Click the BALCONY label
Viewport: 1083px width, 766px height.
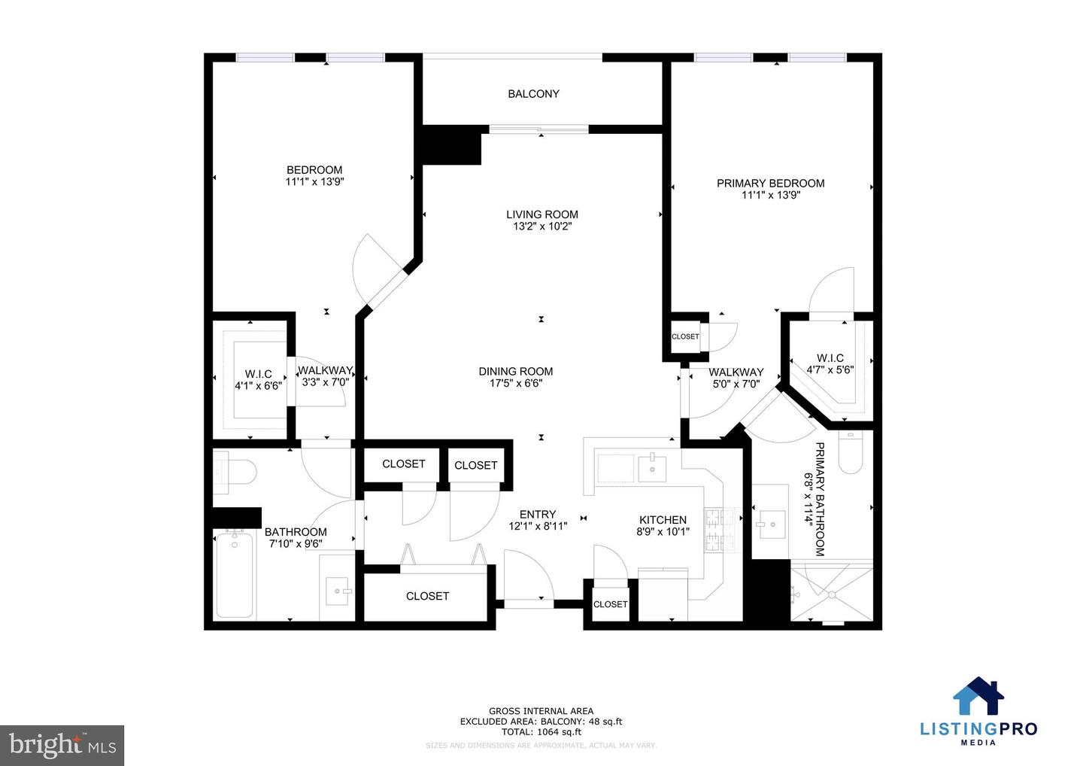[x=533, y=94]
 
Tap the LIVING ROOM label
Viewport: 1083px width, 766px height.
[x=541, y=214]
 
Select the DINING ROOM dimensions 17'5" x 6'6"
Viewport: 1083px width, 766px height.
[x=516, y=384]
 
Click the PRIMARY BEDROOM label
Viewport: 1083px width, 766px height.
[x=770, y=183]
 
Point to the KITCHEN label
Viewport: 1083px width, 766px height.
[x=663, y=520]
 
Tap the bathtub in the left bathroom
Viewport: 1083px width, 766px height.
[x=235, y=573]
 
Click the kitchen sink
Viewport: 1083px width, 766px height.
[x=652, y=468]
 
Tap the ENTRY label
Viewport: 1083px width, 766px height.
[x=538, y=515]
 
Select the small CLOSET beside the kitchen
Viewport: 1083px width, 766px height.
[x=610, y=604]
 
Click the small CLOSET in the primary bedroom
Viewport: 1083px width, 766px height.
[x=685, y=336]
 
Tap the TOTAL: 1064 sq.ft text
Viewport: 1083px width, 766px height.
[x=541, y=731]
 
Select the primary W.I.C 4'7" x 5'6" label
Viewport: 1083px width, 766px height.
[x=830, y=363]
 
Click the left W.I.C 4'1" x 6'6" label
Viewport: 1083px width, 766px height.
[x=258, y=380]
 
